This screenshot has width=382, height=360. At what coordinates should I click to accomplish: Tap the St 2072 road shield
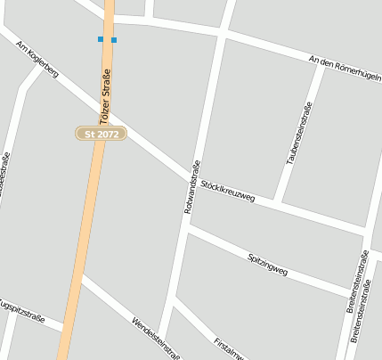coord(101,134)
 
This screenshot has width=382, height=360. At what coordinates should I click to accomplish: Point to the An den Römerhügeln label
coord(344,68)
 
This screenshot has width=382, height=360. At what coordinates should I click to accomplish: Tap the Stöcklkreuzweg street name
coord(228,191)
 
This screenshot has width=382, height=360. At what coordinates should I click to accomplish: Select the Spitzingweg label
coord(267,262)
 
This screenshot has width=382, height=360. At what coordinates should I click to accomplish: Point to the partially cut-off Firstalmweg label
coord(230,348)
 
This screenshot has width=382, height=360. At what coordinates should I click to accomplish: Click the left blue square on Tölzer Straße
coord(101,39)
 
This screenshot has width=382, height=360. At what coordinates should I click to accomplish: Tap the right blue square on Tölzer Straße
coord(114,39)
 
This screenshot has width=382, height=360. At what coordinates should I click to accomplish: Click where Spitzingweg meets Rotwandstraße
coord(186,228)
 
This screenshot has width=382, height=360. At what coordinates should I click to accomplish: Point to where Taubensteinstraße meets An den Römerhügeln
coord(321,63)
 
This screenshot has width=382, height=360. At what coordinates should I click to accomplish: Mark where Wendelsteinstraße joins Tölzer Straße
coord(79,275)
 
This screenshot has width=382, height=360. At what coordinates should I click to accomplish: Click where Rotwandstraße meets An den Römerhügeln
coord(223,33)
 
